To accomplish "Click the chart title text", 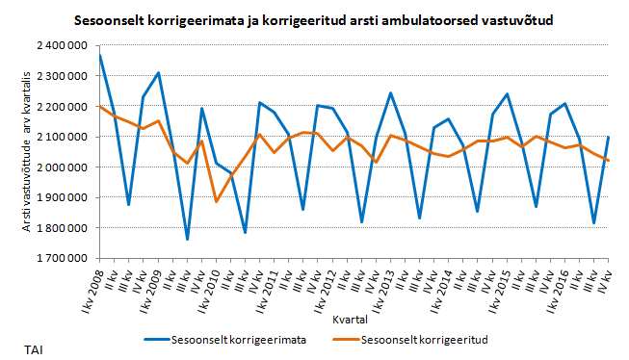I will [x=314, y=19].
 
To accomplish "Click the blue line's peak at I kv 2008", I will [x=100, y=55].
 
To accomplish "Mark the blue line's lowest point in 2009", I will [x=187, y=239].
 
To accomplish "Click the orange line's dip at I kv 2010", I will [x=217, y=201].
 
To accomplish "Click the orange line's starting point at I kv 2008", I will [x=100, y=107].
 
